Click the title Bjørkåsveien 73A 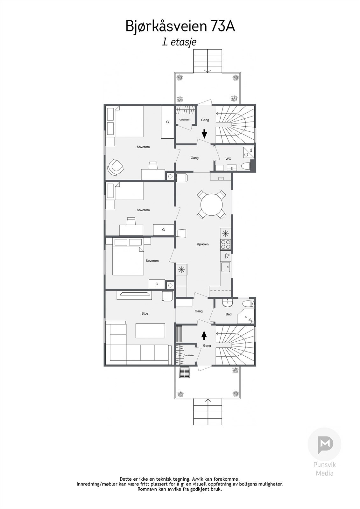[180, 26]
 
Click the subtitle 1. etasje [179, 42]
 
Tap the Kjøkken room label [202, 244]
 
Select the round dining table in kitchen [212, 205]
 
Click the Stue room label [145, 313]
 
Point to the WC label [228, 159]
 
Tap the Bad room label [229, 314]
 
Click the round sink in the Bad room [228, 303]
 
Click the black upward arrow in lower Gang [204, 335]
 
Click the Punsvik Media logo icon [324, 444]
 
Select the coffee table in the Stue [150, 331]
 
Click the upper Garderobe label [184, 120]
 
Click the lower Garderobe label [188, 355]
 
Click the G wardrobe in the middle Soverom [163, 230]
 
